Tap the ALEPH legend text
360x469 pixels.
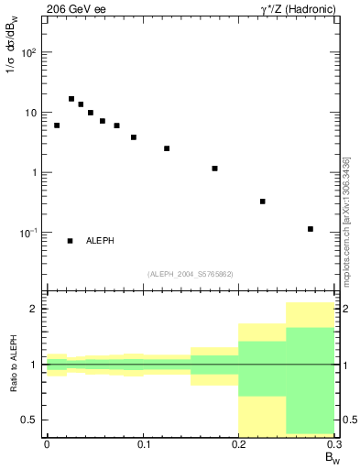click(x=100, y=241)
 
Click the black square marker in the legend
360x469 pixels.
click(x=70, y=241)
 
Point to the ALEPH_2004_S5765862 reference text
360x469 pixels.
click(x=190, y=274)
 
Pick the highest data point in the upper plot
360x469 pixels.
click(x=71, y=99)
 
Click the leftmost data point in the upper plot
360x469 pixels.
click(x=57, y=125)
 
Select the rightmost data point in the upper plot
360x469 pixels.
click(x=311, y=229)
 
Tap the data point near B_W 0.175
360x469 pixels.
click(x=214, y=169)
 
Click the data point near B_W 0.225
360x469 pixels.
click(x=263, y=202)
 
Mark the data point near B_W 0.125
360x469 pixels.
click(x=167, y=148)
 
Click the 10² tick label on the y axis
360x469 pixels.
click(x=28, y=52)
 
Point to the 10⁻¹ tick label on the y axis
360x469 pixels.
click(x=28, y=233)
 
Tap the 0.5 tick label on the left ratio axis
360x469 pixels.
click(x=31, y=420)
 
